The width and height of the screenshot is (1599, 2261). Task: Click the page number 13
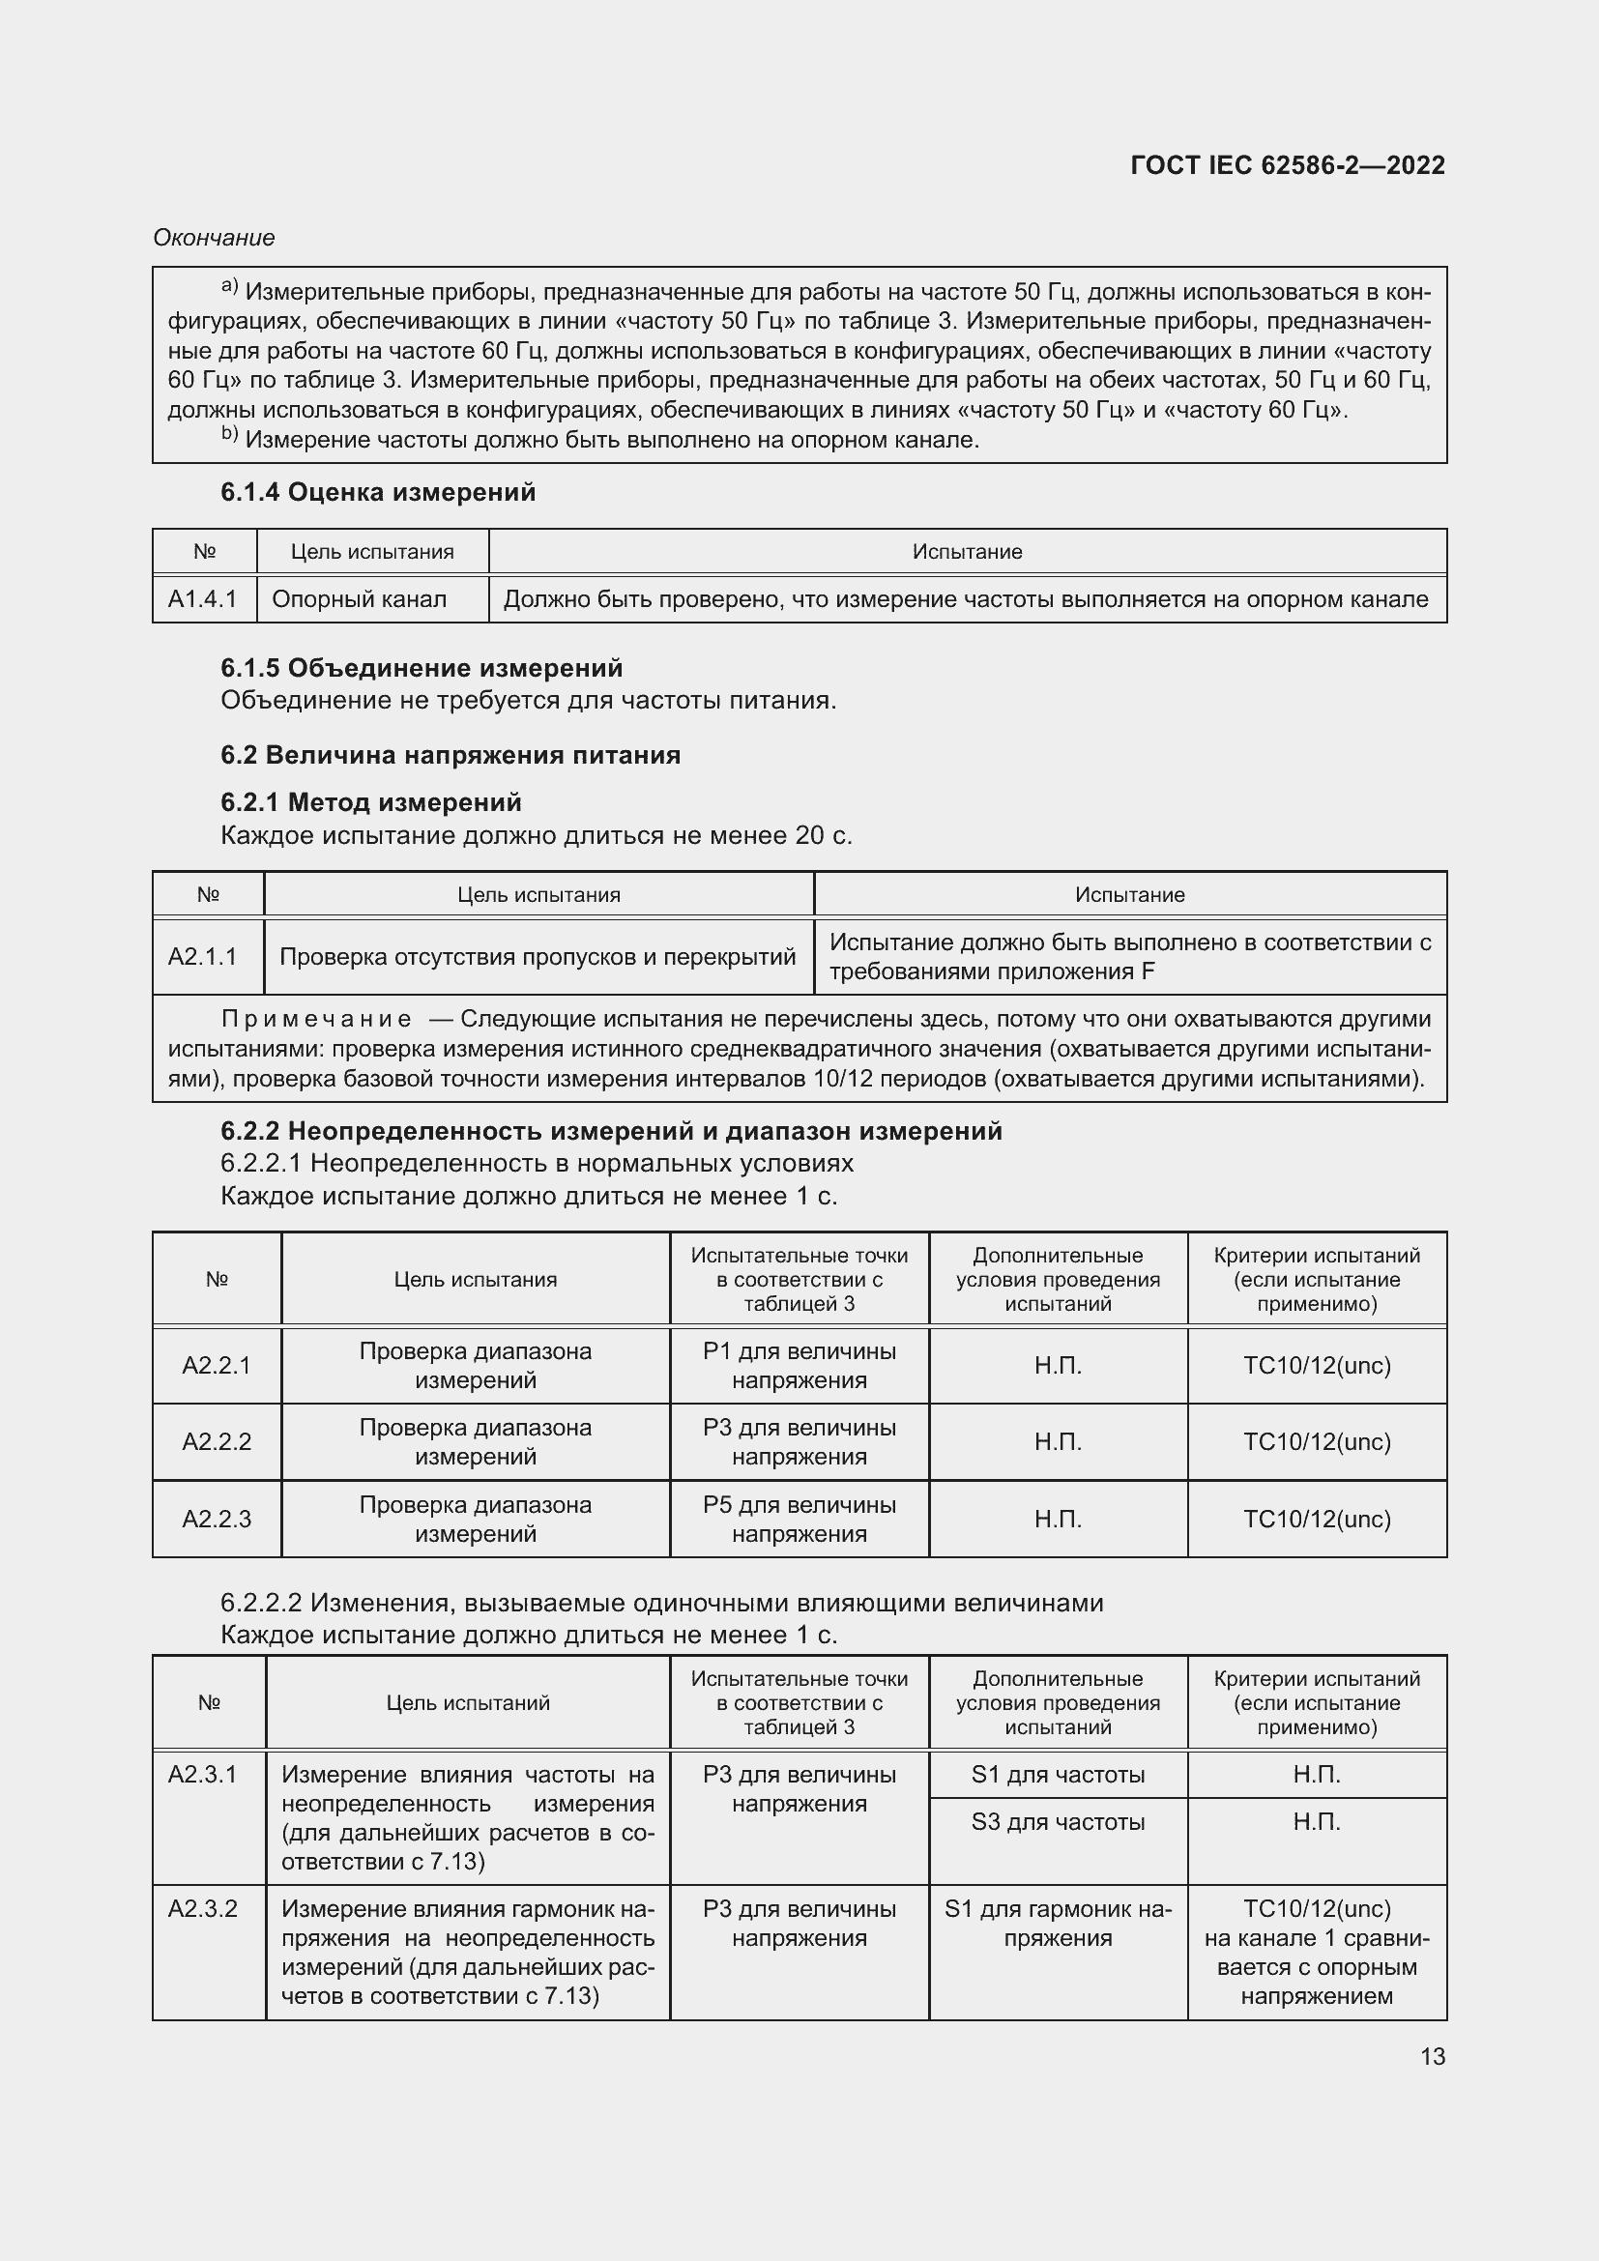pos(1432,2056)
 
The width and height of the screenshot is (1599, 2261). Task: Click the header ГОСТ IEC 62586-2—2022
pos(1287,165)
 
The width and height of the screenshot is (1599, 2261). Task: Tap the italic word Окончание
pos(214,238)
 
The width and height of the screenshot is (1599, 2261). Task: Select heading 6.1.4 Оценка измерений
pos(378,492)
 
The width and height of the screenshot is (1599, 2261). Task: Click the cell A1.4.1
pos(203,598)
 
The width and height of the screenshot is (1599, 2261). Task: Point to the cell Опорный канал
pos(359,598)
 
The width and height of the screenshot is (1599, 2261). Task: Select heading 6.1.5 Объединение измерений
pos(422,668)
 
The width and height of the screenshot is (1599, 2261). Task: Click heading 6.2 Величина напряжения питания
pos(450,755)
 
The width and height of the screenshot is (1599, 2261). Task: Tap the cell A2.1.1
pos(203,956)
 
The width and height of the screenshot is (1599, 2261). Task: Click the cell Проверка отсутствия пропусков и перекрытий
pos(538,956)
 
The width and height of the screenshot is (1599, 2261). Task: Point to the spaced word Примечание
pos(316,1018)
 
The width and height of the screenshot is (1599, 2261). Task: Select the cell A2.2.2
pos(217,1441)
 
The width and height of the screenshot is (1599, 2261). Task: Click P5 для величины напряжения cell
pos(799,1519)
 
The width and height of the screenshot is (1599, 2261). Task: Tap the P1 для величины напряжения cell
pos(799,1365)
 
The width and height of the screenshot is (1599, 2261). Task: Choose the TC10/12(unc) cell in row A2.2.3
pos(1317,1519)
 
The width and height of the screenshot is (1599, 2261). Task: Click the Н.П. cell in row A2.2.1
pos(1058,1365)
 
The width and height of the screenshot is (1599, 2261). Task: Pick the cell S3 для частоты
pos(1058,1822)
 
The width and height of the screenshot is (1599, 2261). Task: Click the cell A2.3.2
pos(203,1908)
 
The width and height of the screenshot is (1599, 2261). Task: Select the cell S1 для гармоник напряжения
pos(1058,1924)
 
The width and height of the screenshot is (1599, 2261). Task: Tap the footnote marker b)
pos(229,434)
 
